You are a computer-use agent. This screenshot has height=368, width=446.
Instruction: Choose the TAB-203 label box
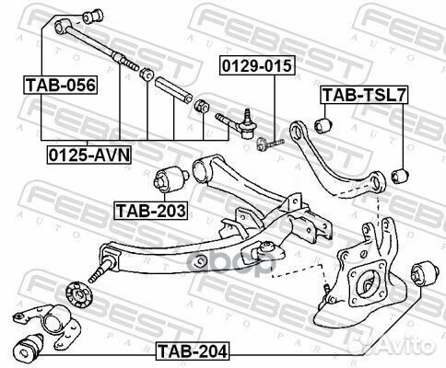point(150,211)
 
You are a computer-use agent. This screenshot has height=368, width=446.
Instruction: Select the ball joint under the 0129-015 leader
point(248,119)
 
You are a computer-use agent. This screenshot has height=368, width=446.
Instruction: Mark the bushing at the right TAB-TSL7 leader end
point(399,173)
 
